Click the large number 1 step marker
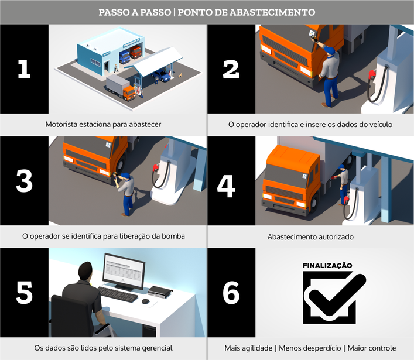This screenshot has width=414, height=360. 24,69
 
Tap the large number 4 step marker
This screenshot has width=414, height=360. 226,186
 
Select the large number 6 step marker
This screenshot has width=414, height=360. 231,293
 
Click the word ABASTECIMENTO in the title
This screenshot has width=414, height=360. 272,12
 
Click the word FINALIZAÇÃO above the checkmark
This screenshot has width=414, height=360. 327,266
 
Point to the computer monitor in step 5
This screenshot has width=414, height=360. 124,272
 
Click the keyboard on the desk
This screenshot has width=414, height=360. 118,294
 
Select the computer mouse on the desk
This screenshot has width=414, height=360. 146,301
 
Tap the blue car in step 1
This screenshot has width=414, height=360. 161,76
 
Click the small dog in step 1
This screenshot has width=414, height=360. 180,76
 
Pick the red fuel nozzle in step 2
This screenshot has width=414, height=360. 372,74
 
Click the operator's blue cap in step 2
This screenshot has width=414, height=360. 330,50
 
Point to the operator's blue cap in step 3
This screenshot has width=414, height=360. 126,175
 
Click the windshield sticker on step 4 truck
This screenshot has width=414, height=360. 304,176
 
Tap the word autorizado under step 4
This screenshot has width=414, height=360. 335,237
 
